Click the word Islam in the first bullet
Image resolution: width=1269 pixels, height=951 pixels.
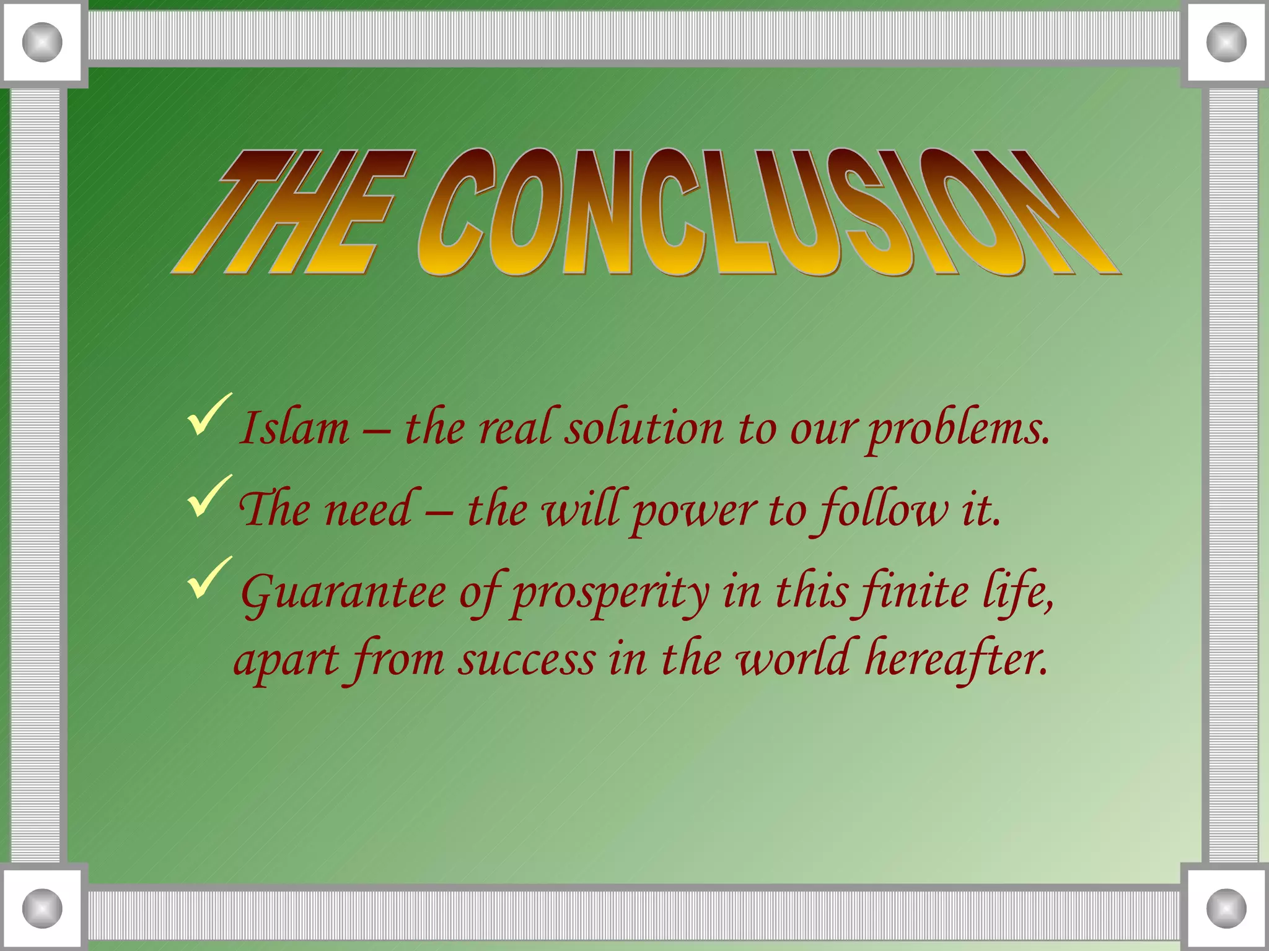pos(295,428)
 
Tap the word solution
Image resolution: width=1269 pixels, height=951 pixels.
pos(644,428)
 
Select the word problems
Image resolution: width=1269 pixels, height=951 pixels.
pos(959,429)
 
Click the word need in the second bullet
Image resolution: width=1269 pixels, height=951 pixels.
pos(368,510)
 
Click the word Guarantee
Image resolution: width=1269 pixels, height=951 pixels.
pos(343,593)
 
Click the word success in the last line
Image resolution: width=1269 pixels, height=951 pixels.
pos(527,660)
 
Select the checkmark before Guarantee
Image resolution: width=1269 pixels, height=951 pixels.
pos(209,577)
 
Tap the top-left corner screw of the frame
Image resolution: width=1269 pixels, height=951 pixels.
pos(42,42)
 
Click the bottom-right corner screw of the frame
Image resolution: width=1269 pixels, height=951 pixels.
pos(1226,908)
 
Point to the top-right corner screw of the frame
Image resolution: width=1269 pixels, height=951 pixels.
pos(1226,42)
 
